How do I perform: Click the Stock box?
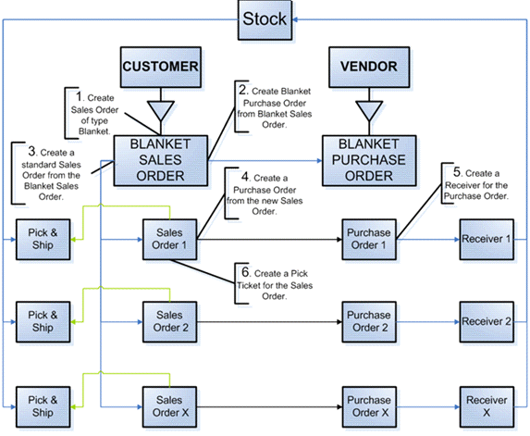coord(265,20)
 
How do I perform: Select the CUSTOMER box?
coord(161,67)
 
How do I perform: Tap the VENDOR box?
coord(369,67)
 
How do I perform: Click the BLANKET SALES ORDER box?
coord(161,161)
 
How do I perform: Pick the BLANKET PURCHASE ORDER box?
coord(369,161)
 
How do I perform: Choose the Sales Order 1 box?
coord(169,240)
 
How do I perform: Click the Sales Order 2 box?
coord(169,322)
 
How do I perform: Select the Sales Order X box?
coord(169,407)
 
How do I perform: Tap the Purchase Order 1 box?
coord(369,240)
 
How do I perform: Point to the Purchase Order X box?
coord(369,407)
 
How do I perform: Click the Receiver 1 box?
coord(487,240)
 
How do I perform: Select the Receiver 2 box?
coord(487,322)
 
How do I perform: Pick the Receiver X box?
coord(487,407)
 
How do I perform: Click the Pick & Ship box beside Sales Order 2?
coord(43,322)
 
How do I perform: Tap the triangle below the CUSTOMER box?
coord(161,109)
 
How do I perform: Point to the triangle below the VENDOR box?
coord(369,109)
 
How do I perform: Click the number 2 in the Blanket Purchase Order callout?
coord(243,90)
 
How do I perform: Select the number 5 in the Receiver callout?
coord(457,172)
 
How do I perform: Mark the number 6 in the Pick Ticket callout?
coord(246,272)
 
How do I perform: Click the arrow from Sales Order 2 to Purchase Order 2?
coord(269,322)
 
